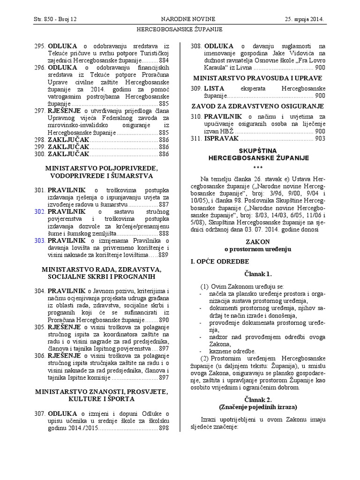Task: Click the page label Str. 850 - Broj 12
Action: click(x=55, y=19)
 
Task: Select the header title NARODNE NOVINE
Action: click(x=188, y=19)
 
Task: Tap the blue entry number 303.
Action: click(x=39, y=241)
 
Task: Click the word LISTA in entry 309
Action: click(x=215, y=88)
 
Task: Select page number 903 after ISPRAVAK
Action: click(x=320, y=138)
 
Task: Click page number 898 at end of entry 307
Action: click(x=164, y=428)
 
